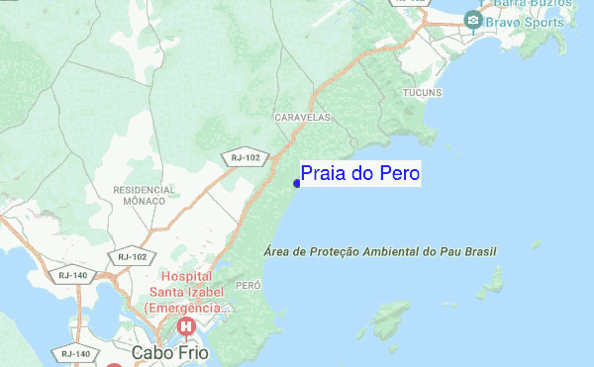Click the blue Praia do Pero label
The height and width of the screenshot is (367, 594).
[360, 174]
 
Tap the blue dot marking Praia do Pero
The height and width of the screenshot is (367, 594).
[297, 182]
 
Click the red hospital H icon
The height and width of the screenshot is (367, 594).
[184, 326]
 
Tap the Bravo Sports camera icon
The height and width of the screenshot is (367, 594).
[474, 19]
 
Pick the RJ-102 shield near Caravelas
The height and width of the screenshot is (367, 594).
[245, 156]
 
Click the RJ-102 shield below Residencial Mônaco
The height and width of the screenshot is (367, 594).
[131, 256]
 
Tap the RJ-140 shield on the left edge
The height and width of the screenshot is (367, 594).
[72, 275]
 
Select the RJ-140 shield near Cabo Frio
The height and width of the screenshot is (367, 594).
[75, 352]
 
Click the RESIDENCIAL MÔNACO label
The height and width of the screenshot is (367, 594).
[145, 194]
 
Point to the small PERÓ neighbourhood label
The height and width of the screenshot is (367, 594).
[247, 285]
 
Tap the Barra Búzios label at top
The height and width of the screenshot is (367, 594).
[531, 3]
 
